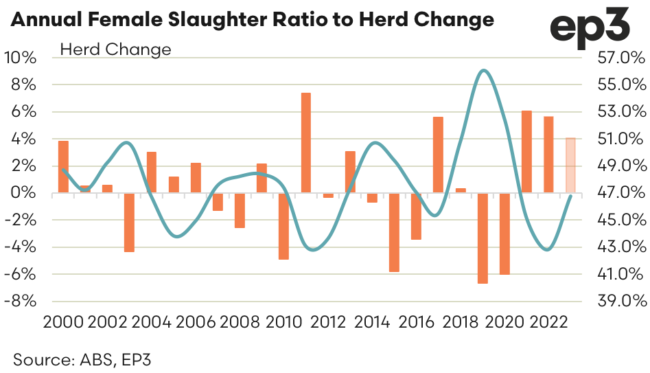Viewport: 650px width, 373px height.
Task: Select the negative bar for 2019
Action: [x=483, y=238]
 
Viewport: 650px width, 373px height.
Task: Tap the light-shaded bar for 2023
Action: [x=570, y=166]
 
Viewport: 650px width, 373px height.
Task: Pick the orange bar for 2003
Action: [x=129, y=223]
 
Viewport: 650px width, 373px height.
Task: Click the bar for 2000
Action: [x=63, y=167]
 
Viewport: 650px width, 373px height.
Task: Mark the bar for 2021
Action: [x=526, y=152]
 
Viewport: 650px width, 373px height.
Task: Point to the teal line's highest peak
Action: [x=484, y=70]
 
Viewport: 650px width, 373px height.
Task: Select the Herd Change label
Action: [x=116, y=49]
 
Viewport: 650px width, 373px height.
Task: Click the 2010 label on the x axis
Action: [x=283, y=321]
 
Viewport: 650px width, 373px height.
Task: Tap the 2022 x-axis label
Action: [x=547, y=321]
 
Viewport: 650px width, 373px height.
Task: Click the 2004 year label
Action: [x=152, y=321]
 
